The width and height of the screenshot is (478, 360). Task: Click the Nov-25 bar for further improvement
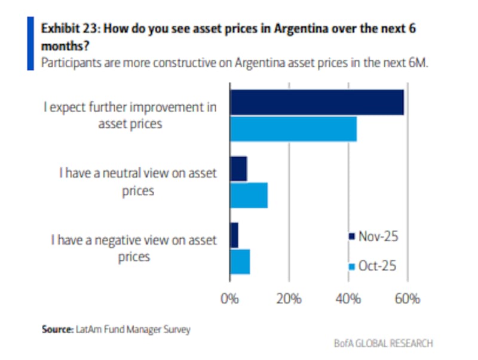click(x=317, y=103)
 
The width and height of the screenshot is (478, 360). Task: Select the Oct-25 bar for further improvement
click(x=293, y=129)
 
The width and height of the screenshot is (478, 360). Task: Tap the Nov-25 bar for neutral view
click(x=238, y=169)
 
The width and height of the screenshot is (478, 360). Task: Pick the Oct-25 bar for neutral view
click(x=249, y=195)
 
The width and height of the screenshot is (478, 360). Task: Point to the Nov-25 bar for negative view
click(x=234, y=235)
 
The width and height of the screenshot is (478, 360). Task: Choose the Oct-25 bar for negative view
click(x=240, y=261)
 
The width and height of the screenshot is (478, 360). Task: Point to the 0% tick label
click(x=230, y=298)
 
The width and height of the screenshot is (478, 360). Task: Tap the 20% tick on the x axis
click(x=289, y=298)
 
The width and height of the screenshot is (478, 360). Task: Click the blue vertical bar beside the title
click(x=30, y=43)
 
